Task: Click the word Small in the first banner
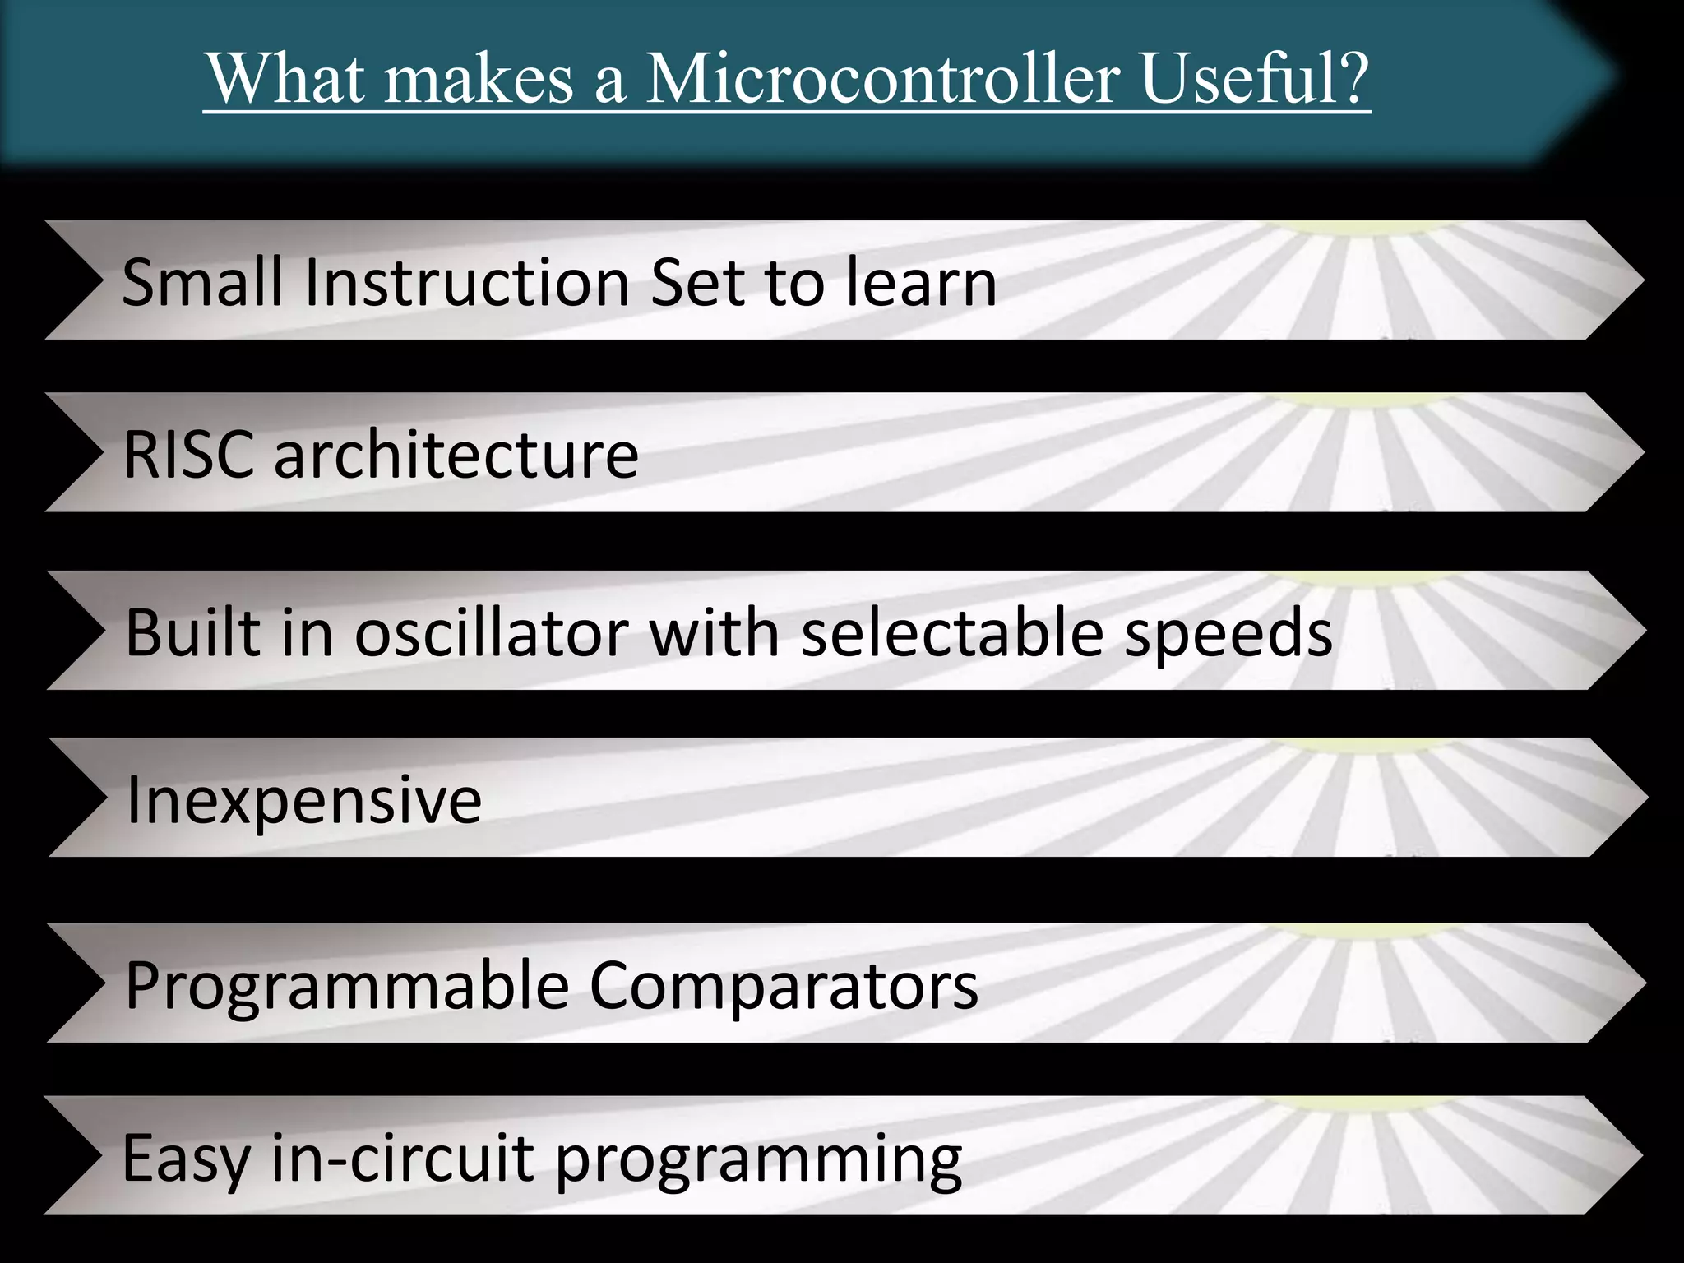coord(205,282)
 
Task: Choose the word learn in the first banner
coord(921,282)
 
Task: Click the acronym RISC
coord(189,455)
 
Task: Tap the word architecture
coord(456,455)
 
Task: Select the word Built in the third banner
coord(192,632)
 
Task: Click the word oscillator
coord(492,632)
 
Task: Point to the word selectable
coord(952,632)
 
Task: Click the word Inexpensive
coord(304,800)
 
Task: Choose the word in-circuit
coord(403,1158)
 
